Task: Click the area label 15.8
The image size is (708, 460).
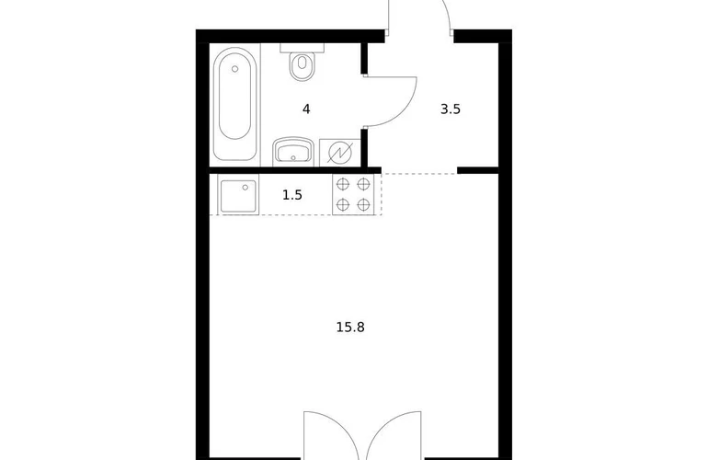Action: click(350, 327)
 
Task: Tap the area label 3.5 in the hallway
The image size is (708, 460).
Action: click(451, 109)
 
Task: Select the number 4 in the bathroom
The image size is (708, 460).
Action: click(306, 109)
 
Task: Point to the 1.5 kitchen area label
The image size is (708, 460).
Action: click(292, 195)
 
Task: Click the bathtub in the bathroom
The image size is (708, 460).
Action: click(234, 103)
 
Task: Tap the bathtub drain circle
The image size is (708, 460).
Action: click(234, 69)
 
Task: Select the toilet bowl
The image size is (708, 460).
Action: click(303, 66)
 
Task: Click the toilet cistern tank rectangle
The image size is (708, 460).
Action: click(303, 48)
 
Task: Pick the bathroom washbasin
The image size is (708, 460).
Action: click(293, 151)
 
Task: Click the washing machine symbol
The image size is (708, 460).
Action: click(339, 153)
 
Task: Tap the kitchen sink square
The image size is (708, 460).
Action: click(239, 195)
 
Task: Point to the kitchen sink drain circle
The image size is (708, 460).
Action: click(246, 187)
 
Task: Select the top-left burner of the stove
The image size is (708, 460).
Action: click(343, 184)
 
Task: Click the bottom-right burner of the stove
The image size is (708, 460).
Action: click(363, 204)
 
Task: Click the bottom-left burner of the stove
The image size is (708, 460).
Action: click(343, 204)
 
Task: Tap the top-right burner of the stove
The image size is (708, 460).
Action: click(363, 184)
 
